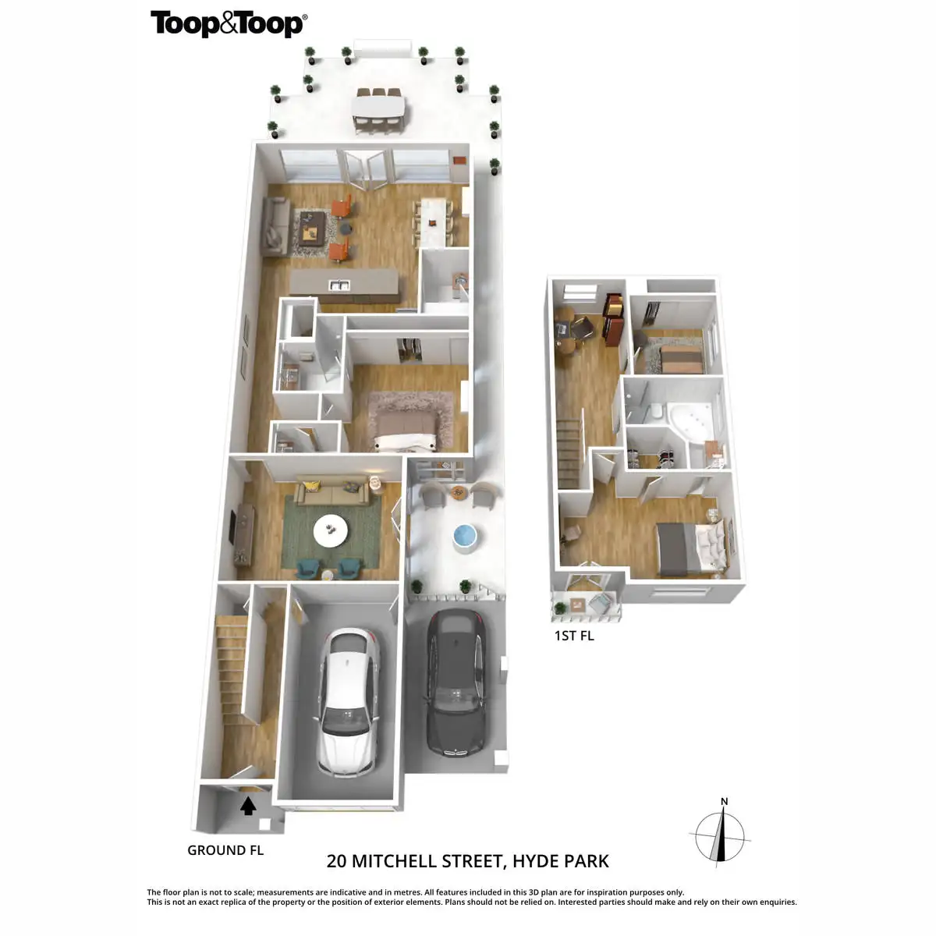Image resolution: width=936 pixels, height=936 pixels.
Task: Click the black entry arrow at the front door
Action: click(248, 805)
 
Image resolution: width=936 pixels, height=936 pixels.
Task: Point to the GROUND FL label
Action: click(225, 850)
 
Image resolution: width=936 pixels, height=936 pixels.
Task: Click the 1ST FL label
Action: click(574, 636)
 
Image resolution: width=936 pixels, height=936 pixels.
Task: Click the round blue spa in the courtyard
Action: click(464, 537)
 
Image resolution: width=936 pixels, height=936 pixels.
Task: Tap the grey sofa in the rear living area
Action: click(273, 227)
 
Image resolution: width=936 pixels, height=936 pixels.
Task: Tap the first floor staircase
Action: click(569, 452)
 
